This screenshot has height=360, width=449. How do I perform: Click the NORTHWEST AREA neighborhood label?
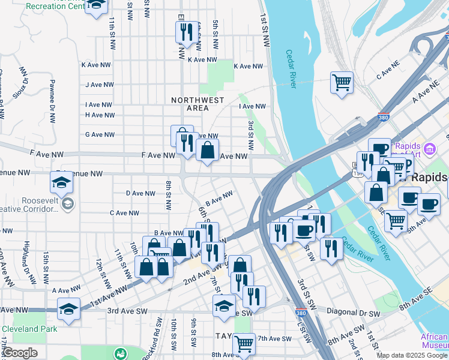coord(197,104)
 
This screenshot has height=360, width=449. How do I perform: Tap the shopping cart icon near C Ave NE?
coord(342,82)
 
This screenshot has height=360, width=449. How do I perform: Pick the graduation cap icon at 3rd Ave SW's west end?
coord(69,310)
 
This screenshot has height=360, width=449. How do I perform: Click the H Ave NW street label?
coord(100,115)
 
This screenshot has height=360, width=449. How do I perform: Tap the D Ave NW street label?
coord(141,193)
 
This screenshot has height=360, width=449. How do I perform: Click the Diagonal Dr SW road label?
coord(354,313)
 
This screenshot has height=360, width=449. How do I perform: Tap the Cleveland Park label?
coord(29,329)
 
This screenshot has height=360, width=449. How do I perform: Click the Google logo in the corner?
coord(19,353)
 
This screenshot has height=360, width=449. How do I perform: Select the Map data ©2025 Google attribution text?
coord(412,355)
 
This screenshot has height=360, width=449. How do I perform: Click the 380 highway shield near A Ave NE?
coord(384,118)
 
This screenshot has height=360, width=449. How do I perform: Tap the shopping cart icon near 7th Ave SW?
coord(244,344)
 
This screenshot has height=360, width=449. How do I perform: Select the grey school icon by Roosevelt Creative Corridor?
coord(68,205)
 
